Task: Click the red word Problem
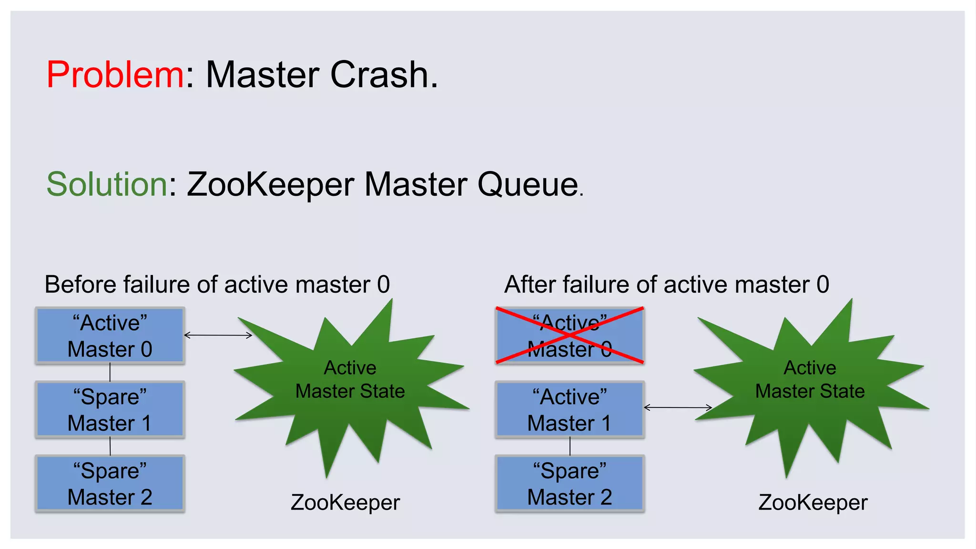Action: click(x=115, y=75)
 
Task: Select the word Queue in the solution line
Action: click(x=528, y=184)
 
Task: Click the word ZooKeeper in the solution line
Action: click(x=270, y=184)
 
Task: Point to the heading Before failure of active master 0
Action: click(x=217, y=285)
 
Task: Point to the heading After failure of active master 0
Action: click(x=666, y=285)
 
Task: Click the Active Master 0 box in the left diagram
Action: click(x=110, y=336)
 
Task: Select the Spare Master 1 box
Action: click(x=110, y=410)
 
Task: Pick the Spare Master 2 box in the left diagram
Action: click(x=110, y=484)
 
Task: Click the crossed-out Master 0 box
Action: click(x=569, y=336)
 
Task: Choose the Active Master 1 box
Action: click(x=569, y=410)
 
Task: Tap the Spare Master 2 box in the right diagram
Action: click(x=569, y=484)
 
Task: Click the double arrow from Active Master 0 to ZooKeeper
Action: click(x=218, y=335)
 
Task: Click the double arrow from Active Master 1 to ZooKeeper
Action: click(x=678, y=407)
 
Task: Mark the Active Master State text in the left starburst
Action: click(x=350, y=379)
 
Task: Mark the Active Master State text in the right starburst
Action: click(x=810, y=379)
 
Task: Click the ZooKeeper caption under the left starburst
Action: click(x=345, y=502)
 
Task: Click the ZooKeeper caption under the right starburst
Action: click(x=813, y=502)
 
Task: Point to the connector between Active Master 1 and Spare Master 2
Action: click(x=570, y=447)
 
